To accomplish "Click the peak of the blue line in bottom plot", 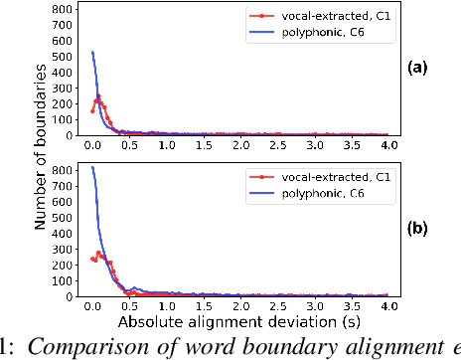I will pos(92,167).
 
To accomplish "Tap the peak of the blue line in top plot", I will pos(92,52).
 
